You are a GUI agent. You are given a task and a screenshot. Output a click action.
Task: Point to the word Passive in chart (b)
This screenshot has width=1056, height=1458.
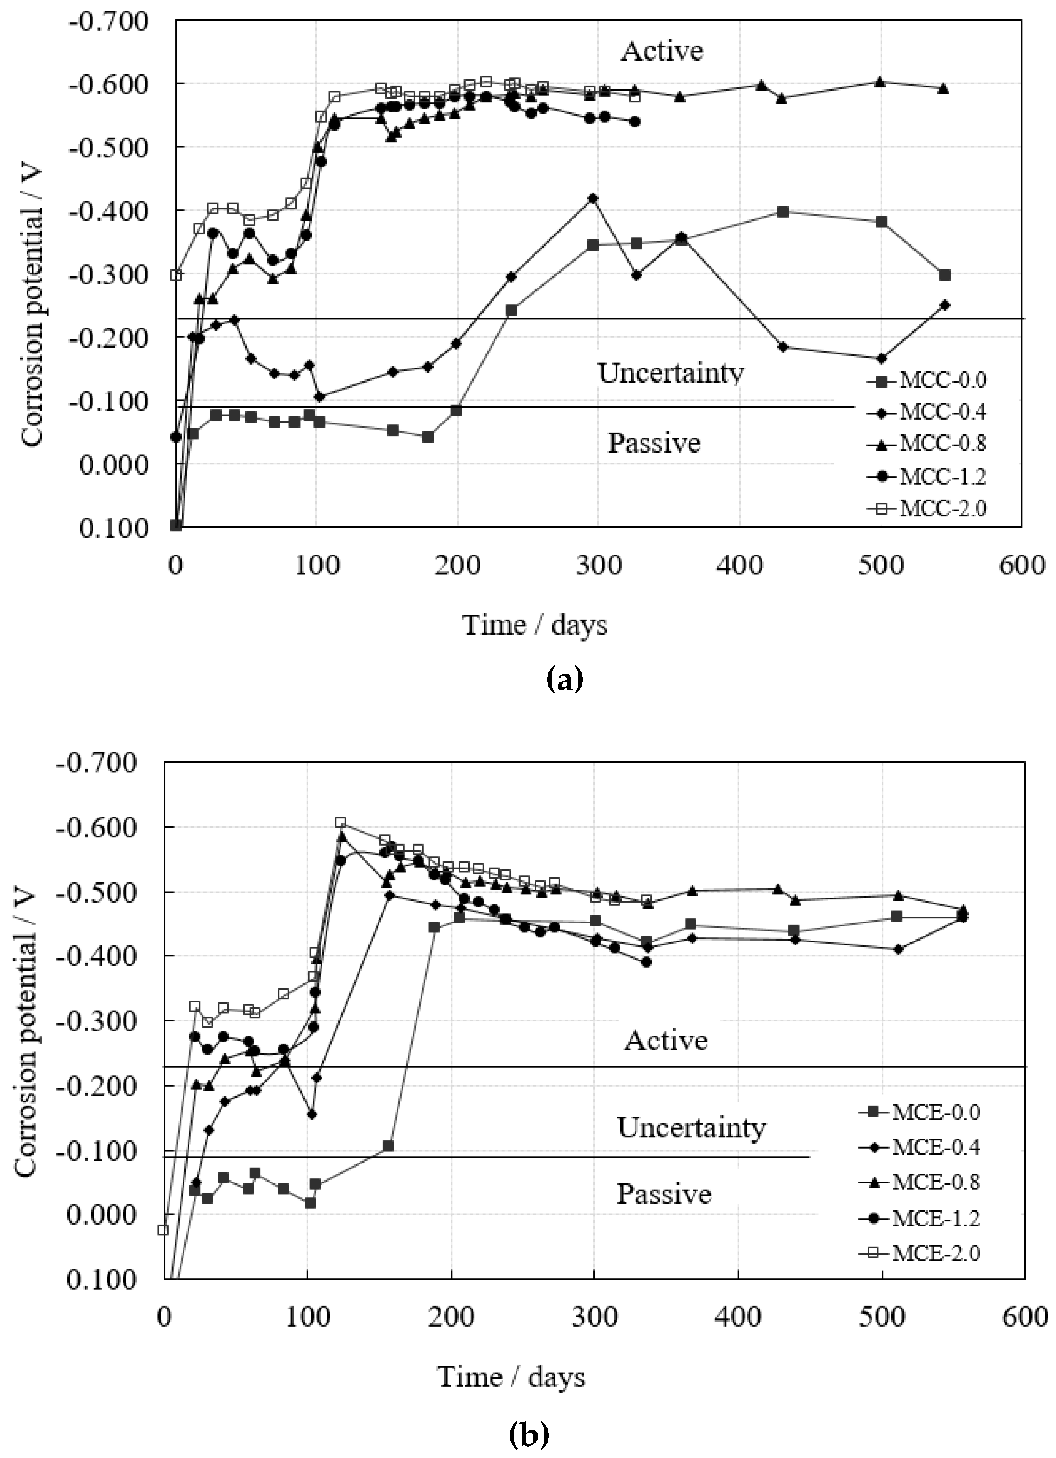tap(664, 1194)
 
